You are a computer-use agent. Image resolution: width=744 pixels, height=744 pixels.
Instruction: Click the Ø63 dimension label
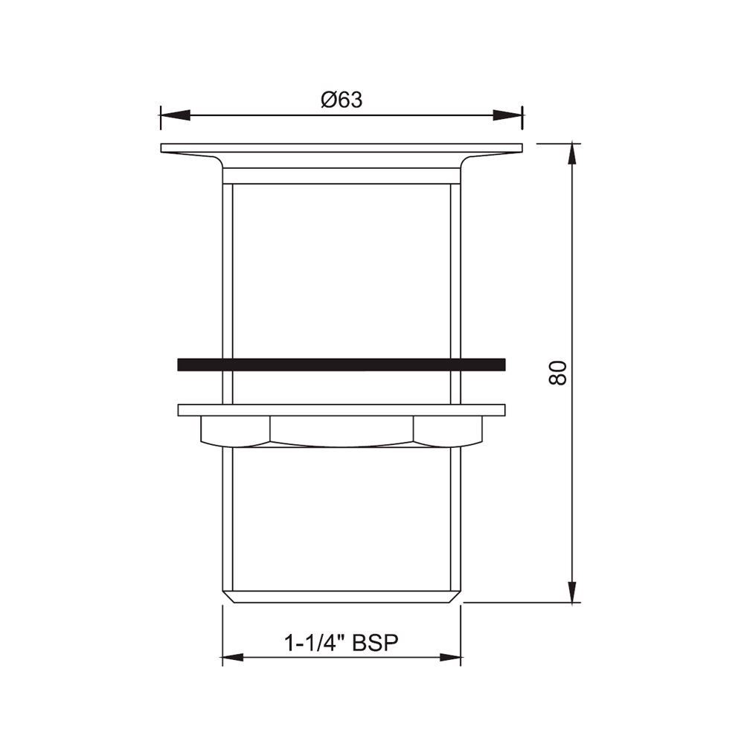(341, 100)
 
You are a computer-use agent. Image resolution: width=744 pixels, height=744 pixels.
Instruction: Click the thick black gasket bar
(341, 365)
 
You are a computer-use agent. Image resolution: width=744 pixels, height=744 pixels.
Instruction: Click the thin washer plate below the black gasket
(341, 410)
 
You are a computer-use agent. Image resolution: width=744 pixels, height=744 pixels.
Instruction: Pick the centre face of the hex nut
(341, 431)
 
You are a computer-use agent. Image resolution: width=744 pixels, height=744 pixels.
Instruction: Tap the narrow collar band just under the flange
(341, 176)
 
